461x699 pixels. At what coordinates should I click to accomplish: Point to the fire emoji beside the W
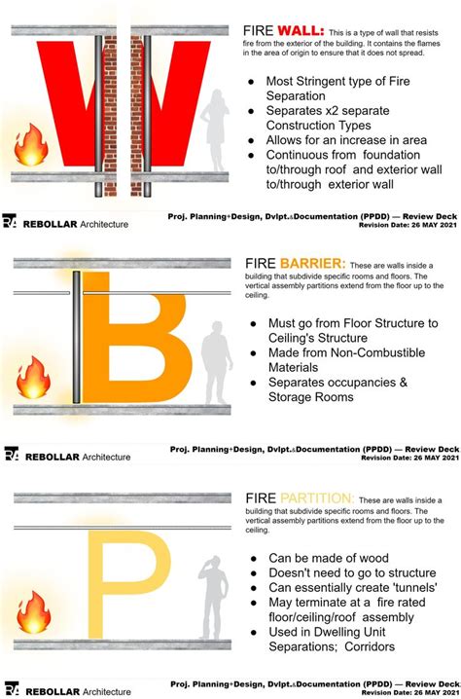pos(30,146)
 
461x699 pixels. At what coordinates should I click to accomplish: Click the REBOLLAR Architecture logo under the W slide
pos(68,224)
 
